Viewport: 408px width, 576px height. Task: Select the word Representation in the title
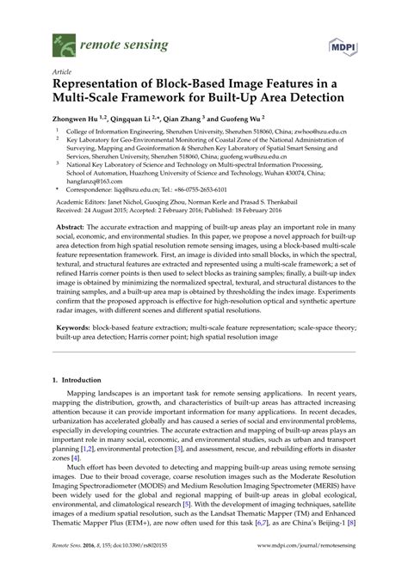point(107,85)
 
